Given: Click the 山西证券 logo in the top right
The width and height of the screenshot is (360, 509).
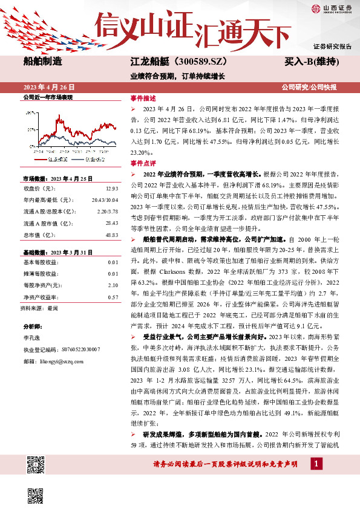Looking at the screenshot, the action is (332, 8).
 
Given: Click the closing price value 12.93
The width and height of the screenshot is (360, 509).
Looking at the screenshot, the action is (111, 189).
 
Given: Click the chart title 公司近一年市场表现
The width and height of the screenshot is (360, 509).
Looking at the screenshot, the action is (48, 97).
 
